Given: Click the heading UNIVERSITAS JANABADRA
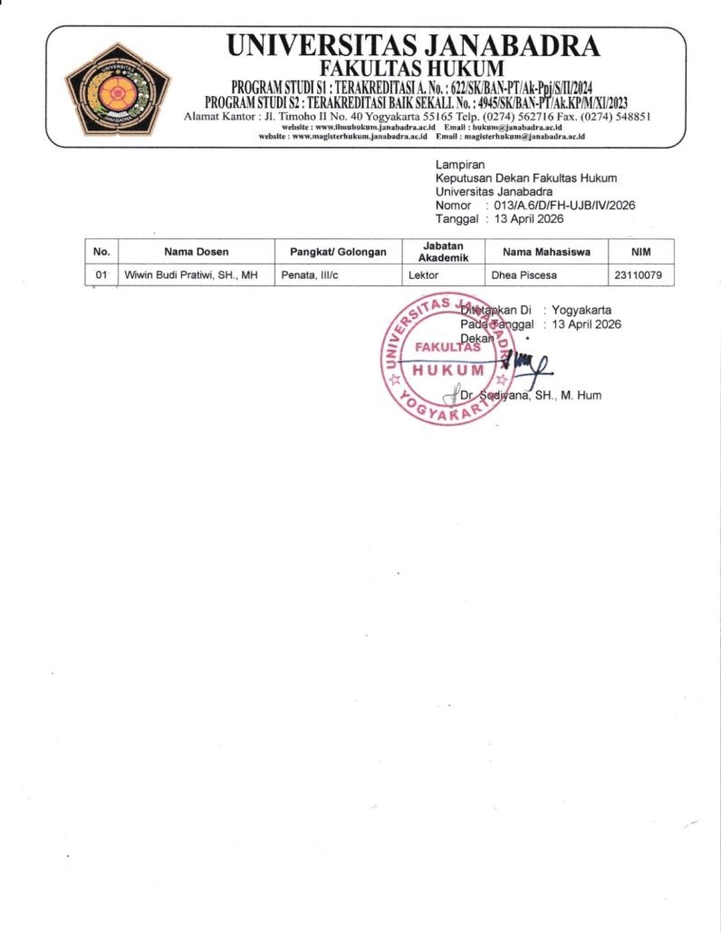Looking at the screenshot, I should point(412,44).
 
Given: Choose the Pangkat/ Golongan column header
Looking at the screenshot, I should point(337,251).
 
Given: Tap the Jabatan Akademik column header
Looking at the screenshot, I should point(443,251).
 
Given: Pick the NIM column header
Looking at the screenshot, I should point(640,251).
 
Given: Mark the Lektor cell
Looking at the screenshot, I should point(424,274).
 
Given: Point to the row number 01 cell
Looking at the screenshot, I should point(101,274).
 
